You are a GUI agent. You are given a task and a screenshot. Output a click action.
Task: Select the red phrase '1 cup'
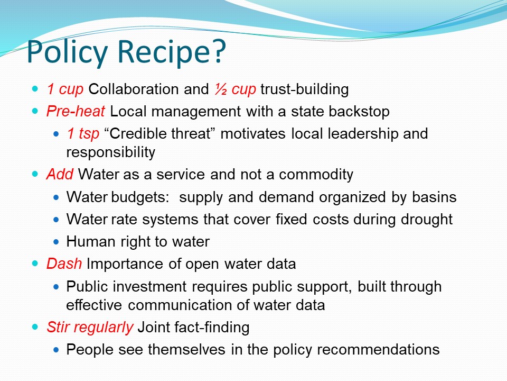(x=65, y=89)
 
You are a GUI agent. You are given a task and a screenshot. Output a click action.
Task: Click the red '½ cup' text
(x=236, y=89)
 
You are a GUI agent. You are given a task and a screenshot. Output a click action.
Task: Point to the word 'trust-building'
(x=305, y=89)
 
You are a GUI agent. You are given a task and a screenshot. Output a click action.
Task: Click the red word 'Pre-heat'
(x=76, y=111)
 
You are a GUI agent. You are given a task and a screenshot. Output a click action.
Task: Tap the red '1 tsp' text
(x=83, y=133)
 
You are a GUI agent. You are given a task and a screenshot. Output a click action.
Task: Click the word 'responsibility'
(x=110, y=152)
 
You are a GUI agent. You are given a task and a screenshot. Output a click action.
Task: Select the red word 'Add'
(x=60, y=174)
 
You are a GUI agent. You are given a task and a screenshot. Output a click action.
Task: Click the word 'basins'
(x=434, y=197)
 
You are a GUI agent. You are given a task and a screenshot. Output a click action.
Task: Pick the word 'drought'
(x=427, y=219)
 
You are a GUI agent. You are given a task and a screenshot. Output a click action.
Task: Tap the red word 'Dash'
(x=64, y=264)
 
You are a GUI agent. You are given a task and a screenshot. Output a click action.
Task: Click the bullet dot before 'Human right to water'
(x=57, y=242)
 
